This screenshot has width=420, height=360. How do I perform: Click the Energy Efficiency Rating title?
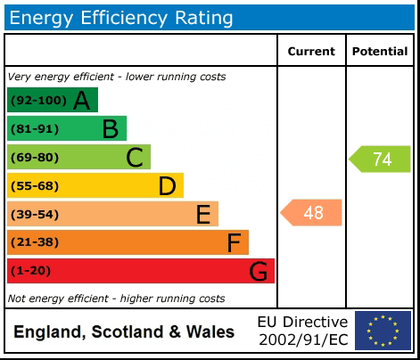(x=121, y=17)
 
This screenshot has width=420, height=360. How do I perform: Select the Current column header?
(x=311, y=52)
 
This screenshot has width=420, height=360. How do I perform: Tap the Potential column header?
(x=380, y=52)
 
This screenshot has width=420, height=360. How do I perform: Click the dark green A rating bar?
(x=52, y=101)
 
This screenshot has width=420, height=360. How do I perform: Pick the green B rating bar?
(x=66, y=129)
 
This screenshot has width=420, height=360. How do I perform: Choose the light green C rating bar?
(x=78, y=158)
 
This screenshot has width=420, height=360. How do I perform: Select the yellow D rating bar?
(x=95, y=186)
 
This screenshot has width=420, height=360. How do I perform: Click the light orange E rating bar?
(x=112, y=214)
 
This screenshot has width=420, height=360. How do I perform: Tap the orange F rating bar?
(x=128, y=242)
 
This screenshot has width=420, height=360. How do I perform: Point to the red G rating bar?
(x=140, y=271)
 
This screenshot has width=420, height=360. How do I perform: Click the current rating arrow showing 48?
(x=311, y=213)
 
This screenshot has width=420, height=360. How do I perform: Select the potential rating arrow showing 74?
(x=380, y=160)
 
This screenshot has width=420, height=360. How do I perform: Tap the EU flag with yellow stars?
(x=383, y=331)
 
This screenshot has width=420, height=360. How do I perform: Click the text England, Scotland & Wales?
(x=124, y=332)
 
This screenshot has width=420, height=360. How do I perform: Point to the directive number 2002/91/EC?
(x=302, y=340)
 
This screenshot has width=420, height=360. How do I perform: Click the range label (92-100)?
(x=37, y=101)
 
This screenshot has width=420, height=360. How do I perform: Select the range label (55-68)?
(x=35, y=186)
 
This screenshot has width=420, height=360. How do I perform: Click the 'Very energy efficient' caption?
(x=116, y=78)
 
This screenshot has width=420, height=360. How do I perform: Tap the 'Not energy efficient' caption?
(x=116, y=299)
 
